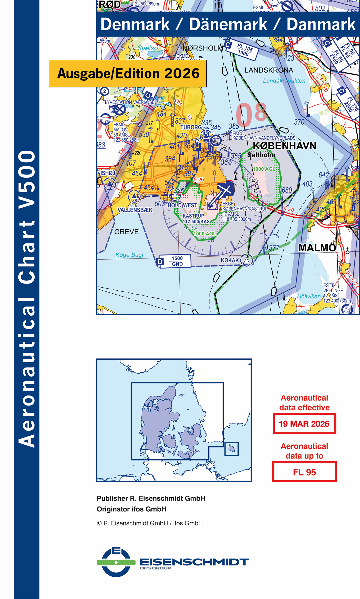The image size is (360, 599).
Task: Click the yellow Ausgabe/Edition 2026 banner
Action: (128, 74)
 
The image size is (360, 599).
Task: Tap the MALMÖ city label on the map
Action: (317, 248)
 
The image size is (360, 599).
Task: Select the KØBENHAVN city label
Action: (284, 146)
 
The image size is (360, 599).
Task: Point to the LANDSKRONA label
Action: (269, 70)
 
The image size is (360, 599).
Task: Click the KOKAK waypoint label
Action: (230, 260)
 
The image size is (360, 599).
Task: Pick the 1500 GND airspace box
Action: (177, 261)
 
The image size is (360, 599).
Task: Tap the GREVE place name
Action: (126, 232)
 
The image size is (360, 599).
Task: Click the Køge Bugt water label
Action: (129, 255)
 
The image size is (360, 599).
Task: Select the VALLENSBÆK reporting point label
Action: (135, 210)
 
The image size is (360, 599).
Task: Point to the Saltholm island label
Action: (261, 155)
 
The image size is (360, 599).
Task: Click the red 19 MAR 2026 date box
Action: (304, 424)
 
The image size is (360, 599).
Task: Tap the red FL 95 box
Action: (304, 472)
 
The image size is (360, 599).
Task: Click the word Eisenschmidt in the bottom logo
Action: (194, 562)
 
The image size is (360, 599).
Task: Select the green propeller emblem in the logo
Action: (116, 563)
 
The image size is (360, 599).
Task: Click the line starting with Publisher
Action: (151, 498)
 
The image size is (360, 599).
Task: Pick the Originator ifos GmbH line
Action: (131, 509)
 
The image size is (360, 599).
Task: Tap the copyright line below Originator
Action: (150, 523)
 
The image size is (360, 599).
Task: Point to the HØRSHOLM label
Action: (203, 48)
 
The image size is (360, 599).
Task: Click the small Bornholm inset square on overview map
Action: (232, 449)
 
